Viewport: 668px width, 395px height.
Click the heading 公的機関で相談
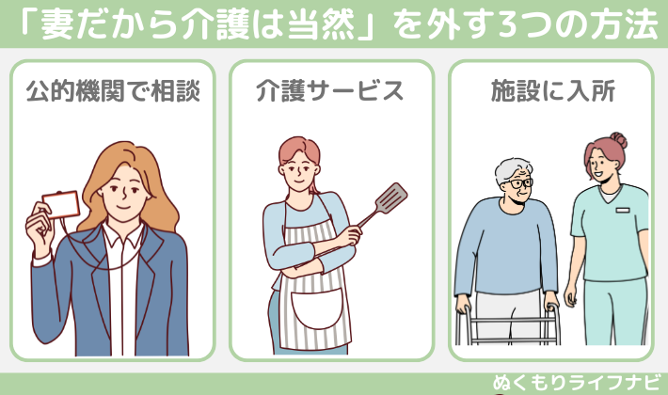pos(113,91)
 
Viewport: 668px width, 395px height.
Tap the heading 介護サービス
pos(330,91)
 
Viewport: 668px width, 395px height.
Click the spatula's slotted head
pos(393,197)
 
